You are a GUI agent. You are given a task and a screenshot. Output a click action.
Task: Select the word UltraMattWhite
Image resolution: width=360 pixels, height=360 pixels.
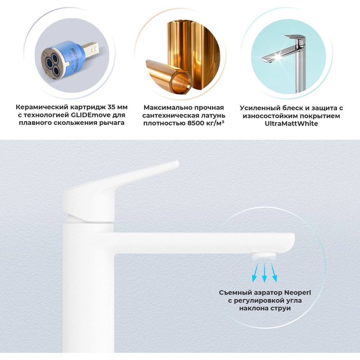tap(291, 123)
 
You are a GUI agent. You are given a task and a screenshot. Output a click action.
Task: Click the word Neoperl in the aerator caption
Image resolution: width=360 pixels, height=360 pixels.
tap(298, 293)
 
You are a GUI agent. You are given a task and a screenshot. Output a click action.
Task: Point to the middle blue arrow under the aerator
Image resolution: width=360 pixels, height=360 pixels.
tap(265, 273)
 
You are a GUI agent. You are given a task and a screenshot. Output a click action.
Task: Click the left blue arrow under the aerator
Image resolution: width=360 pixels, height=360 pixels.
tap(255, 273)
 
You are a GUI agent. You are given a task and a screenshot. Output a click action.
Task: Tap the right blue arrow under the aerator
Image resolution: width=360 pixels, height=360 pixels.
tap(274, 273)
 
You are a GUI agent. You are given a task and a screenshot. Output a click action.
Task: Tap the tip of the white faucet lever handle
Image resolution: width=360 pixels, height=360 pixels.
tap(176, 163)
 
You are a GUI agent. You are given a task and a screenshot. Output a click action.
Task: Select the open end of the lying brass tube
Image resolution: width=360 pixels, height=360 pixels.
tap(181, 83)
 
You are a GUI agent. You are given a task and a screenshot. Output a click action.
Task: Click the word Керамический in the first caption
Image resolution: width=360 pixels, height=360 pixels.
tap(42, 107)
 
